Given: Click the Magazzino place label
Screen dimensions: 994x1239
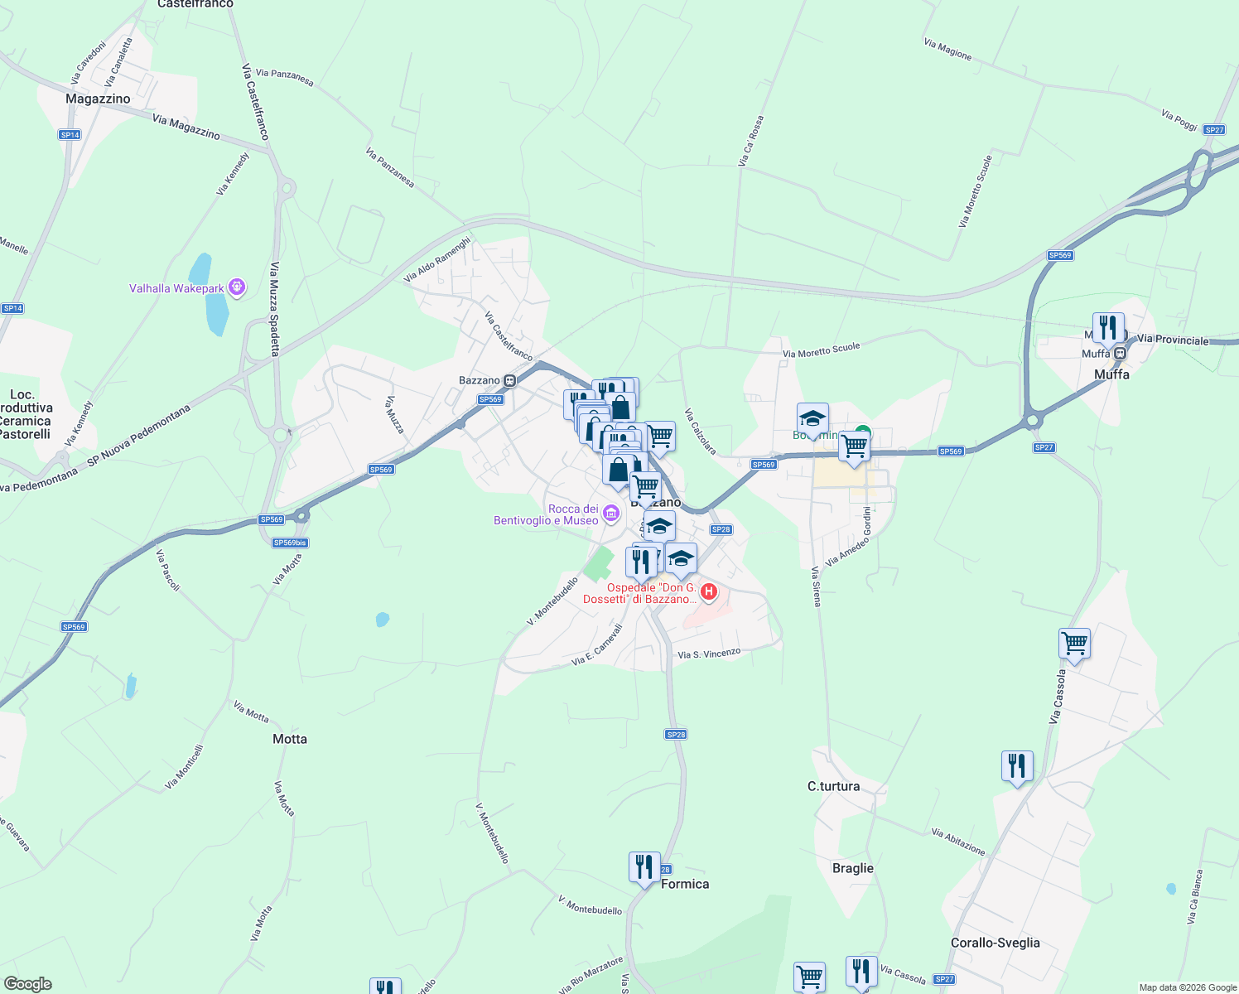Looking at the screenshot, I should (98, 99).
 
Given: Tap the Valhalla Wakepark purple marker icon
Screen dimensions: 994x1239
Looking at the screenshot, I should (237, 288).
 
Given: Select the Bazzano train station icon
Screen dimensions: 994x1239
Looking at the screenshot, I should (510, 381).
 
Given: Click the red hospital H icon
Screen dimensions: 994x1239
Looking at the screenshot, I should (709, 591).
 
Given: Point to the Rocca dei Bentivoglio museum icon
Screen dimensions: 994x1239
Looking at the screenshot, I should (611, 514).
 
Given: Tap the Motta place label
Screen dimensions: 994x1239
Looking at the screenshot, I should (290, 739).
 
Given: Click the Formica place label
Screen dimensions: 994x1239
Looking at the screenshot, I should (685, 884).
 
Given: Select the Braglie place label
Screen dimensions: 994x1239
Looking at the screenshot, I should (852, 868).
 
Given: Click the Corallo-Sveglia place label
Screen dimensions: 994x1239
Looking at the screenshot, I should (995, 943).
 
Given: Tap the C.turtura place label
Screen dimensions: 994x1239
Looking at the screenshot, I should (833, 786).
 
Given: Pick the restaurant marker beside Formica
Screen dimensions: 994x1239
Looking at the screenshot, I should (644, 867).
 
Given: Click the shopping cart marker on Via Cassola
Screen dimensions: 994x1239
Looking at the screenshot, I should (1074, 644).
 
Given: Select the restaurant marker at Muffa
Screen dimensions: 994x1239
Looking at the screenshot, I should (1108, 328).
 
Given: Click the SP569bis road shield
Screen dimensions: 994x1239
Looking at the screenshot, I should (290, 543).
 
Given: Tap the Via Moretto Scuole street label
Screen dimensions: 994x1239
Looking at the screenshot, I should (822, 350).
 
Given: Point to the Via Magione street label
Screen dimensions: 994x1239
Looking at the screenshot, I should (947, 49).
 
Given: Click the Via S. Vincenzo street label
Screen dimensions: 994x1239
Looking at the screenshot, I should (709, 654).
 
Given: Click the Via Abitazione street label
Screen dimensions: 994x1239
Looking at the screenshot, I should (958, 842).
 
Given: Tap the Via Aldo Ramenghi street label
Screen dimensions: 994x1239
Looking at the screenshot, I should (436, 260).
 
